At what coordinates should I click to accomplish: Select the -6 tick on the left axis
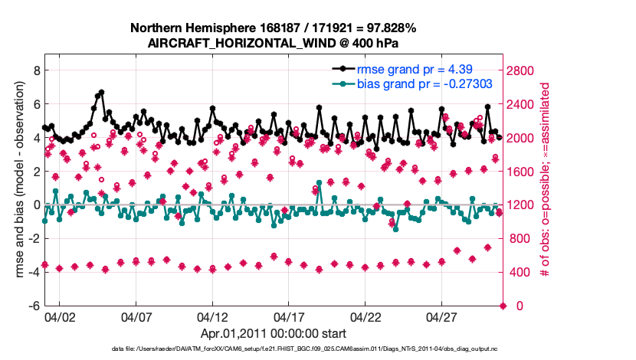point(33,306)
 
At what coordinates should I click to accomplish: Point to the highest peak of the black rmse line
point(101,92)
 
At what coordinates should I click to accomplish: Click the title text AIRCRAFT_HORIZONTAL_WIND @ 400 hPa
point(274,43)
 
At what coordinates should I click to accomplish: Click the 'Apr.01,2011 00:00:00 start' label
point(274,333)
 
